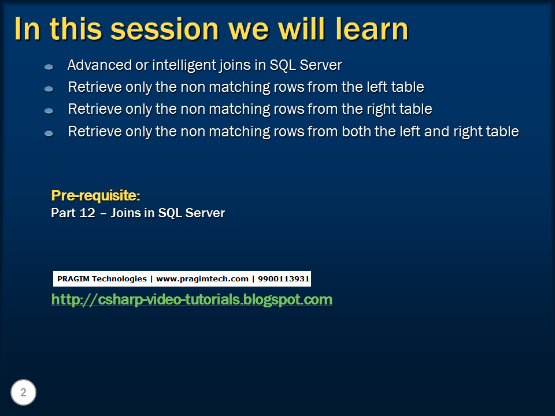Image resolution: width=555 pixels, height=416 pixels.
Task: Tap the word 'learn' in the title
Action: (366, 29)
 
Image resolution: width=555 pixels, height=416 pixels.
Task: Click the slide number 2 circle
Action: (23, 393)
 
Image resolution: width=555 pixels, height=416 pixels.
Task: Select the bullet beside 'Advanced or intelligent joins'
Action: (49, 67)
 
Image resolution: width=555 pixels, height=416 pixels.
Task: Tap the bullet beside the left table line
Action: (49, 89)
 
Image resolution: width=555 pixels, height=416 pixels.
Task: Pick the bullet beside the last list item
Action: (49, 133)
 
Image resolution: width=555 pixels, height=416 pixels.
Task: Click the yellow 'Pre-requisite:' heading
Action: (95, 195)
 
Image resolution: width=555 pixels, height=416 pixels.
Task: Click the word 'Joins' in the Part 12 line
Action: (125, 213)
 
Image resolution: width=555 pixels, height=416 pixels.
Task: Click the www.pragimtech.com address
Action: (202, 279)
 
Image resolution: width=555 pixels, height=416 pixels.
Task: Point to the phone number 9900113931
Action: (284, 279)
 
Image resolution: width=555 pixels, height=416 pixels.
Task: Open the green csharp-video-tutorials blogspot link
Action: (191, 300)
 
